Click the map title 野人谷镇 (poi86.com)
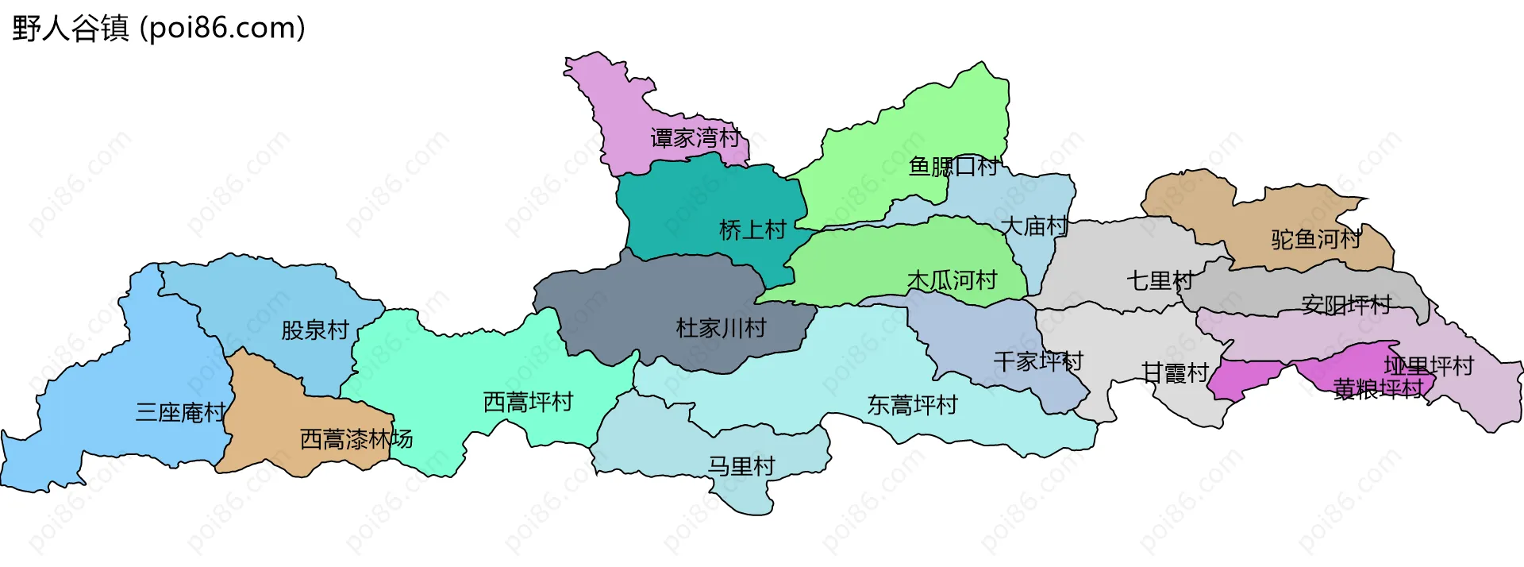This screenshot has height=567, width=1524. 159,29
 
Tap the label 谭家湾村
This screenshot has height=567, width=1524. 695,138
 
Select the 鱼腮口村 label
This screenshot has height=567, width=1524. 953,167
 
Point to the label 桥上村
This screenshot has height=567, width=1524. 752,230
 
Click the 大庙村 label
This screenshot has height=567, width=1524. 1034,226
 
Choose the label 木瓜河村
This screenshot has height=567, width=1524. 952,280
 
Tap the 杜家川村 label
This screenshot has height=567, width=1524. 721,328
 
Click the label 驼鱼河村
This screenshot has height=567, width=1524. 1316,239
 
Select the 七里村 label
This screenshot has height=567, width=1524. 1160,280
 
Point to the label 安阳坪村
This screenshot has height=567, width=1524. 1346,305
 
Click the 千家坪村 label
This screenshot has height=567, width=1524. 1038,362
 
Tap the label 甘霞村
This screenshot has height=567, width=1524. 1175,372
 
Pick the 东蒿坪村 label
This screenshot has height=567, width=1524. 912,405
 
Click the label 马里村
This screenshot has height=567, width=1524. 741,466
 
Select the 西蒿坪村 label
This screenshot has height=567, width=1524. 528,403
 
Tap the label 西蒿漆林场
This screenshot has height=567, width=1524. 356,439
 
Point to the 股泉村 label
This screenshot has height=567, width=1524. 315,330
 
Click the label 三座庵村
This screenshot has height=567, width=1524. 180,413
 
